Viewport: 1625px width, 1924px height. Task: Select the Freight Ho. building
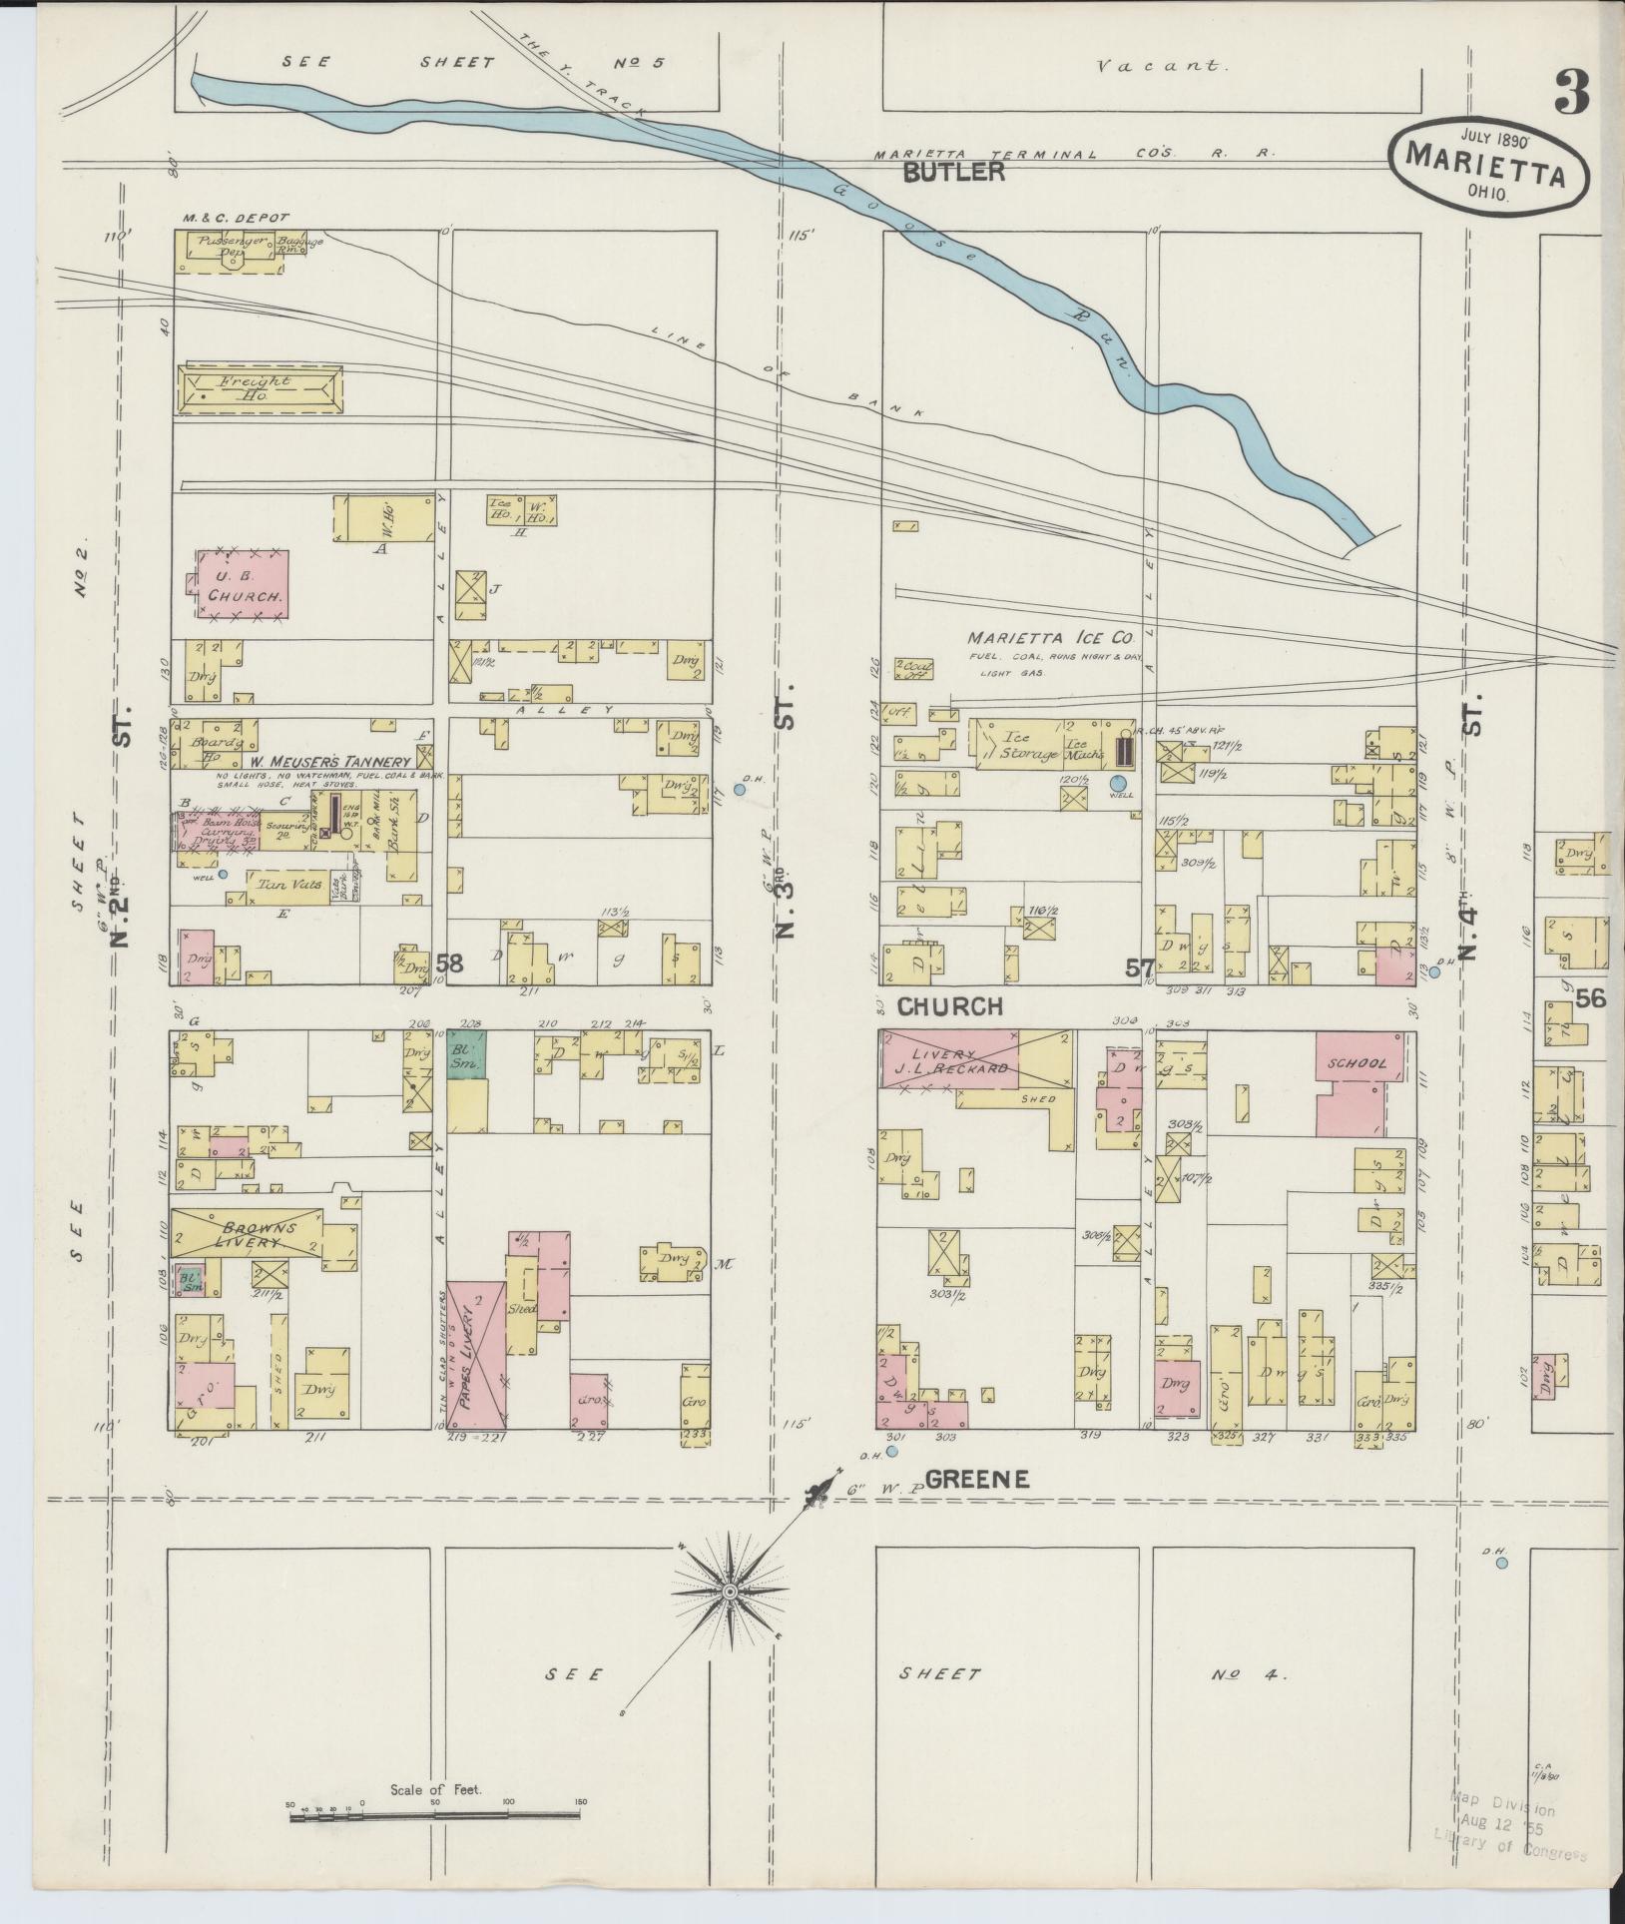pyautogui.click(x=259, y=387)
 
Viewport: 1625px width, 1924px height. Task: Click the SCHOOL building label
pyautogui.click(x=1356, y=1064)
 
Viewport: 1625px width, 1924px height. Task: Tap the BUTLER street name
pyautogui.click(x=953, y=172)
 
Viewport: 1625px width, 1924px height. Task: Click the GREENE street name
pyautogui.click(x=977, y=1481)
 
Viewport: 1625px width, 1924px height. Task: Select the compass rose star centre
pyautogui.click(x=730, y=1591)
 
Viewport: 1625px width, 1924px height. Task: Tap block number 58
pyautogui.click(x=449, y=963)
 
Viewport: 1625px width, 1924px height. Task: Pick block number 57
pyautogui.click(x=1139, y=965)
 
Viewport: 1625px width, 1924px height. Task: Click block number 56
pyautogui.click(x=1591, y=997)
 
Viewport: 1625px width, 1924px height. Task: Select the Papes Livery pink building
pyautogui.click(x=475, y=1359)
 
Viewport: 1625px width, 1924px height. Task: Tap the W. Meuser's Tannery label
pyautogui.click(x=329, y=762)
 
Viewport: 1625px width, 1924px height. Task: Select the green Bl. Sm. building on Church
pyautogui.click(x=465, y=1054)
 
